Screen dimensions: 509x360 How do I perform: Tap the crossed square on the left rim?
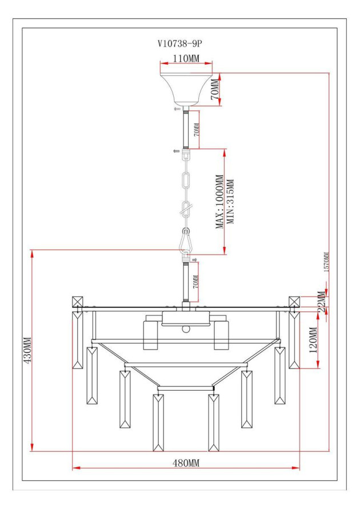(78, 302)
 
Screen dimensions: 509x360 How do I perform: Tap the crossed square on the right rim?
(294, 302)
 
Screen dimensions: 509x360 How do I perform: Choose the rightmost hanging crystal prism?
(294, 340)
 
